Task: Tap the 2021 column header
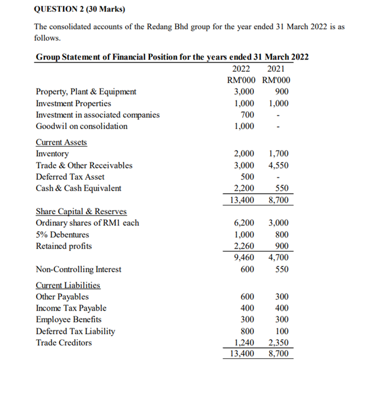click(276, 68)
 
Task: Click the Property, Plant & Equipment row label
click(86, 92)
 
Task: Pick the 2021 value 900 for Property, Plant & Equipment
click(281, 92)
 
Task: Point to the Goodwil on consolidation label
click(82, 126)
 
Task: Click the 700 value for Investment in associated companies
click(247, 114)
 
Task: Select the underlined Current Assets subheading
click(61, 142)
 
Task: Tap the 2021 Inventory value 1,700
click(278, 154)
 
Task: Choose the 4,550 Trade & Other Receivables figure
click(278, 165)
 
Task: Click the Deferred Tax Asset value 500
click(247, 177)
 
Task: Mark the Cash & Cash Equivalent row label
click(79, 188)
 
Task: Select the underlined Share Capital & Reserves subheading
click(81, 211)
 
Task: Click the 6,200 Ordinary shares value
click(243, 223)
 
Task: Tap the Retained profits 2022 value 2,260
click(243, 246)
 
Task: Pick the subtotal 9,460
click(243, 257)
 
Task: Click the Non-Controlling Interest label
click(79, 269)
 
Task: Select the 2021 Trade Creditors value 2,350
click(278, 343)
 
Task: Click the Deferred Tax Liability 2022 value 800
click(247, 331)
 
